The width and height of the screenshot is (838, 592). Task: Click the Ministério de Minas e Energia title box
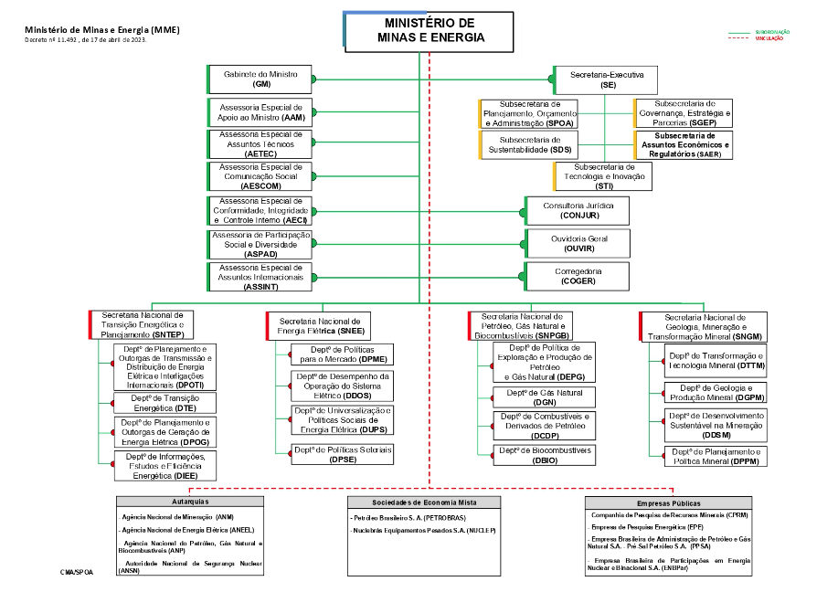pyautogui.click(x=430, y=29)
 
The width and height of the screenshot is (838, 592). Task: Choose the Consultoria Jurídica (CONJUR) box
pyautogui.click(x=577, y=210)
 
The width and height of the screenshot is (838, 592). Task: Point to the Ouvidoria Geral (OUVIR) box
pyautogui.click(x=577, y=243)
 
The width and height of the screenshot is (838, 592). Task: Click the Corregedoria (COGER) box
pyautogui.click(x=577, y=276)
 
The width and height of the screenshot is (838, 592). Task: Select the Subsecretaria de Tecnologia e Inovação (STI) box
pyautogui.click(x=603, y=176)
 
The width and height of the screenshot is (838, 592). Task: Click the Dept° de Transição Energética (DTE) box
pyautogui.click(x=164, y=403)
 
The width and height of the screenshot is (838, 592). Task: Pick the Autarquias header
pyautogui.click(x=190, y=502)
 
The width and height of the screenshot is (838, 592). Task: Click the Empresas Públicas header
pyautogui.click(x=668, y=502)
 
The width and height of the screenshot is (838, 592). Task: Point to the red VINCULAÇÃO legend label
pyautogui.click(x=768, y=39)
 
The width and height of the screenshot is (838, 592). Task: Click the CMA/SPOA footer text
pyautogui.click(x=77, y=571)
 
